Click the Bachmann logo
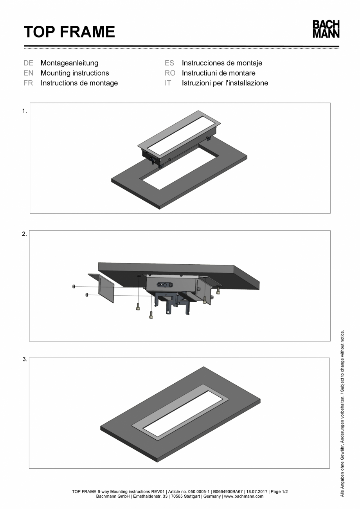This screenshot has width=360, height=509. pos(326,29)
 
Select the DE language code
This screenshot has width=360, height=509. pos(28,63)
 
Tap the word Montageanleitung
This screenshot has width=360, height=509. pos(69,63)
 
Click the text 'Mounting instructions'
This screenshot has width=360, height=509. pos(75,73)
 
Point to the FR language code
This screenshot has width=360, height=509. pos(28,83)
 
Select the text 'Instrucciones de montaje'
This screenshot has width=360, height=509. pos(222,63)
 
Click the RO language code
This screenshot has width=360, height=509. pos(170,73)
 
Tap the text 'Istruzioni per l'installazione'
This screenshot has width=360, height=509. pos(225,83)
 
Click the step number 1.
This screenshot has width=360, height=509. pos(24,111)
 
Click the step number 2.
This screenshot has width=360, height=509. pos(24,234)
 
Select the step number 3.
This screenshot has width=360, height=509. pos(24,359)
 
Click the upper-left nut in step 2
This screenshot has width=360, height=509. pos(74,287)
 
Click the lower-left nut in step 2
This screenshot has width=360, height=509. pos(86,294)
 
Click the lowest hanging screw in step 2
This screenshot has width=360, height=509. pos(151,314)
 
